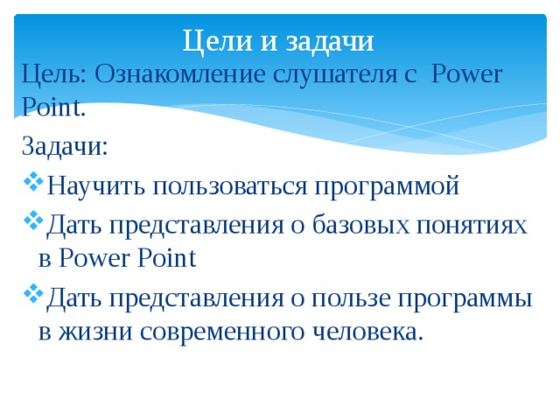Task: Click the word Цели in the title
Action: pos(211,40)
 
